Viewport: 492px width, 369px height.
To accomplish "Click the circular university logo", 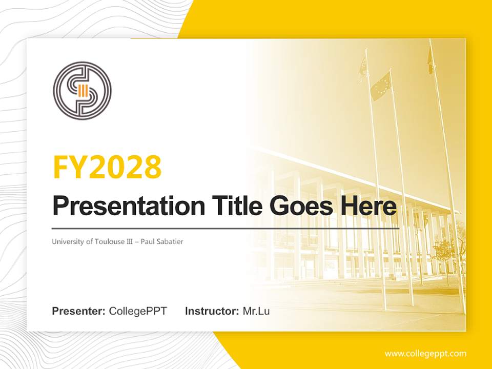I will [82, 91].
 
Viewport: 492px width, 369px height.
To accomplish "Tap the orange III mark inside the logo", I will [82, 91].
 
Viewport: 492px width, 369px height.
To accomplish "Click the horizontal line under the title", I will [225, 229].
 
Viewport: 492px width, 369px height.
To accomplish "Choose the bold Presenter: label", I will [79, 311].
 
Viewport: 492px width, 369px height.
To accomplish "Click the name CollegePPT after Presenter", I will [138, 311].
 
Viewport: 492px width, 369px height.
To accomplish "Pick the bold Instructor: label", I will [212, 311].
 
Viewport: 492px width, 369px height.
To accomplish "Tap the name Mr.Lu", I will [256, 311].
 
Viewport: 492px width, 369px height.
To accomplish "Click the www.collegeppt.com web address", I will [425, 353].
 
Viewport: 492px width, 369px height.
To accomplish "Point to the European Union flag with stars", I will [381, 86].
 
